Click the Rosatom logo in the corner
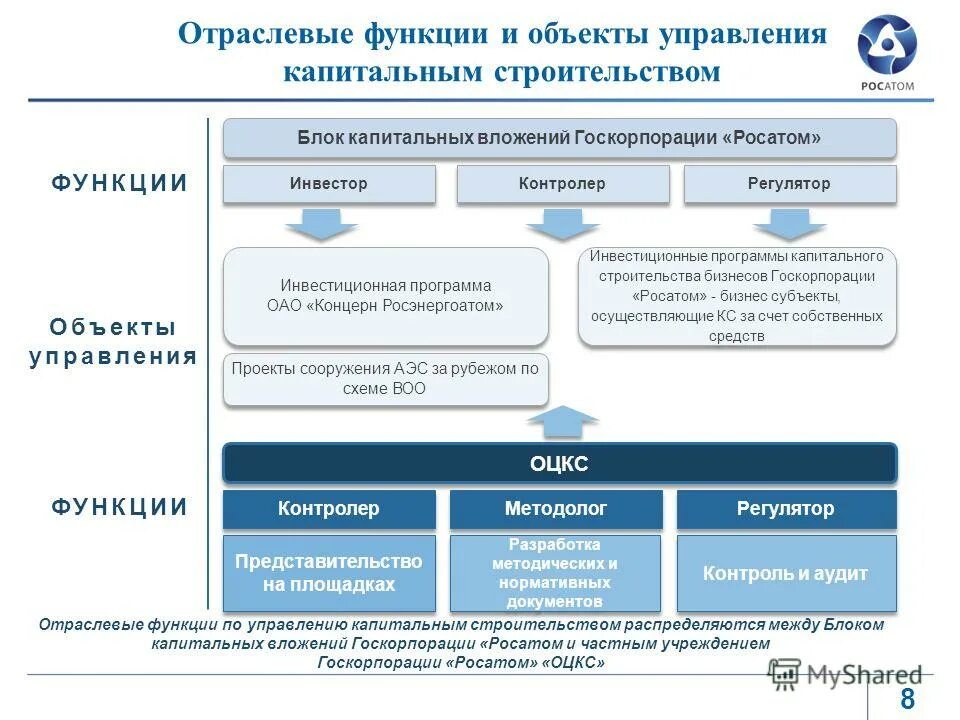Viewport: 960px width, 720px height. (887, 51)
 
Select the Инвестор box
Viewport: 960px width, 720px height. (329, 185)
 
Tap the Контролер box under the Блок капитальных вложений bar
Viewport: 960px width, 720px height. (562, 185)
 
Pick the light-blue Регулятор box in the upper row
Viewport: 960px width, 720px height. (789, 185)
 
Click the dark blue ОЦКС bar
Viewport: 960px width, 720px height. (559, 464)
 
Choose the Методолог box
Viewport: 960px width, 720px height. (556, 509)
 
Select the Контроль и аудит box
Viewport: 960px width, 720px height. (785, 574)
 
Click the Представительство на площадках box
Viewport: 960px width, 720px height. (329, 574)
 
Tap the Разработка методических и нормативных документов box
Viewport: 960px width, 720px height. (556, 574)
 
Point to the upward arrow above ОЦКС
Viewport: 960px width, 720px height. (562, 421)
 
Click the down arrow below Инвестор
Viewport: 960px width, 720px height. (321, 225)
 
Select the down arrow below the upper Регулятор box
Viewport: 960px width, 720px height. (790, 225)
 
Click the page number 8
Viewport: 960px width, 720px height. (907, 699)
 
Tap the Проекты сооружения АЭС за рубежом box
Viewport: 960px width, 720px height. (385, 379)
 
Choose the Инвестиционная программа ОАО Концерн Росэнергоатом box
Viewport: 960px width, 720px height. (385, 296)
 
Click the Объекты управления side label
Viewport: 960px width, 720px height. (112, 342)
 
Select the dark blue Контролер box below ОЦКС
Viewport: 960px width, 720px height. (329, 509)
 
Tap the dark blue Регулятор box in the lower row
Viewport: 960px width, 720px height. (785, 509)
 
